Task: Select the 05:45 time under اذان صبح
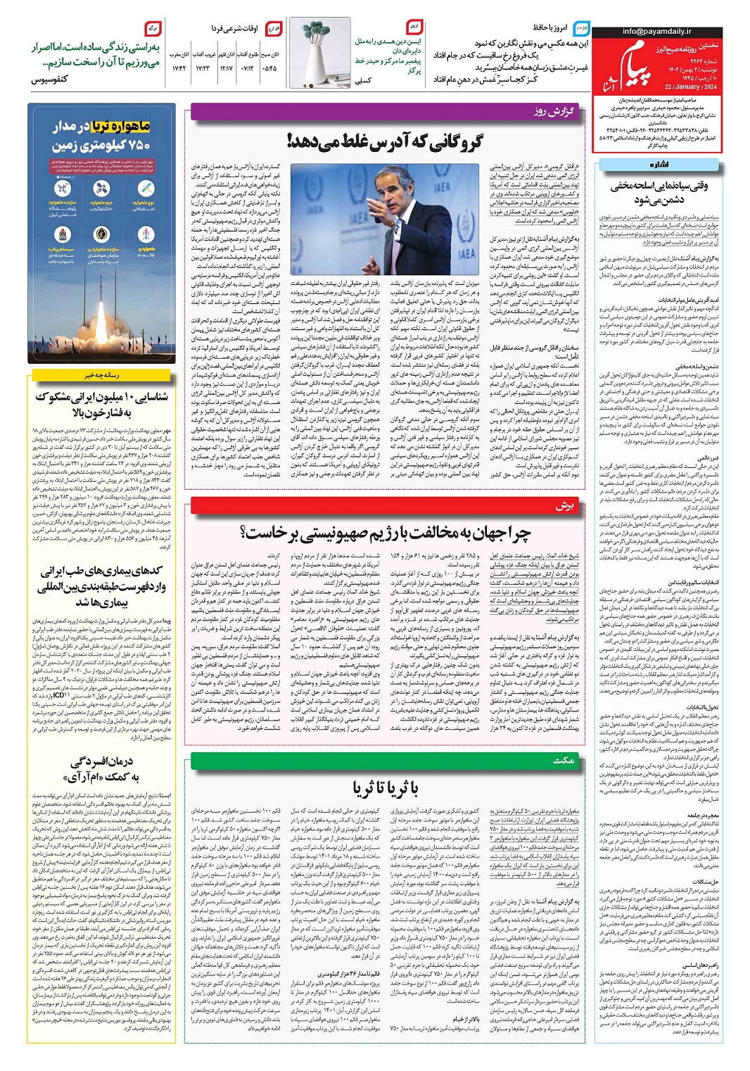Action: [269, 68]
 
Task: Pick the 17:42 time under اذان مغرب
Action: [179, 68]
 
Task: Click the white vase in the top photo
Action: [319, 60]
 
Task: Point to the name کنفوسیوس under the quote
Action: [49, 80]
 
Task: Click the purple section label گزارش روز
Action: [554, 112]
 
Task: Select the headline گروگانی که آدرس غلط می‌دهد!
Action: [385, 142]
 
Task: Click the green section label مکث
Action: [564, 760]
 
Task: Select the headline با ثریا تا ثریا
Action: [386, 789]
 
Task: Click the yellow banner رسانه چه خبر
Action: [101, 375]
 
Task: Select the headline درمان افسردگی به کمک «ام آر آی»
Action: [101, 770]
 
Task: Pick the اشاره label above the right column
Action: [659, 165]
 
